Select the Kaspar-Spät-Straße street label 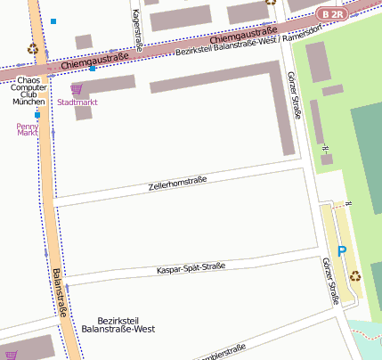(x=191, y=267)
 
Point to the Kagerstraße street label (x=136, y=29)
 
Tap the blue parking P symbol (x=341, y=252)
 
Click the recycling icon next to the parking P (x=356, y=275)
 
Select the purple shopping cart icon (x=77, y=89)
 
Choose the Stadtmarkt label (x=77, y=102)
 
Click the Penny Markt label (x=28, y=129)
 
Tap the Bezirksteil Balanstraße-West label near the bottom (x=118, y=324)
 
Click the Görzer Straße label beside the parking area (x=330, y=282)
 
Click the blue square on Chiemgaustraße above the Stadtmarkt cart (x=93, y=69)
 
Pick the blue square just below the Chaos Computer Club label (x=37, y=115)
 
